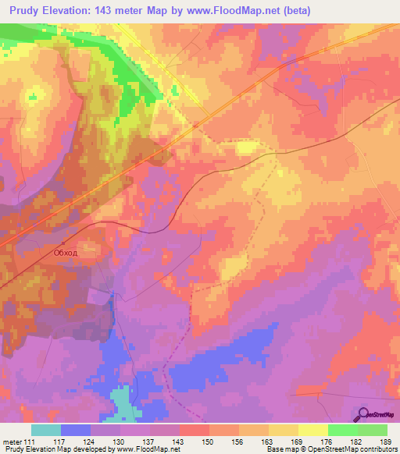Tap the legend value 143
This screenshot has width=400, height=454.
pos(180,442)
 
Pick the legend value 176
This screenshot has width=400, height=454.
pos(328,442)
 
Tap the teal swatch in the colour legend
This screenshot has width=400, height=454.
pos(46,430)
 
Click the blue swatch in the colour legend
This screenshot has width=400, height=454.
pos(76,430)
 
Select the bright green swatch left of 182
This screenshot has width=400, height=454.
pos(342,430)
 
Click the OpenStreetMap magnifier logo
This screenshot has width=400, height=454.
pos(362,414)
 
